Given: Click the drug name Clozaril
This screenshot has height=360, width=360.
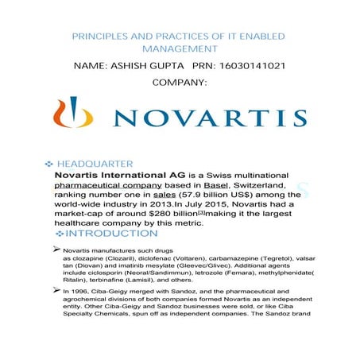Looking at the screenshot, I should pyautogui.click(x=137, y=259).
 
